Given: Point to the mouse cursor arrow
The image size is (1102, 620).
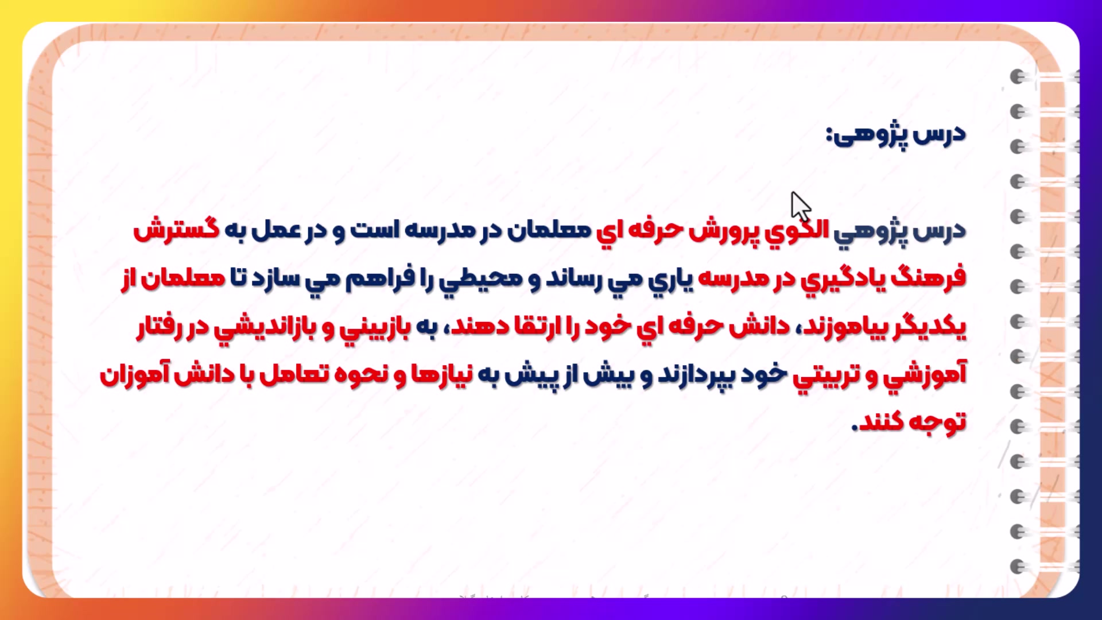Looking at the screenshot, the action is click(x=801, y=207).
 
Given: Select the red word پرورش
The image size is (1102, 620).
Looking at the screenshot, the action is click(x=723, y=231).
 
